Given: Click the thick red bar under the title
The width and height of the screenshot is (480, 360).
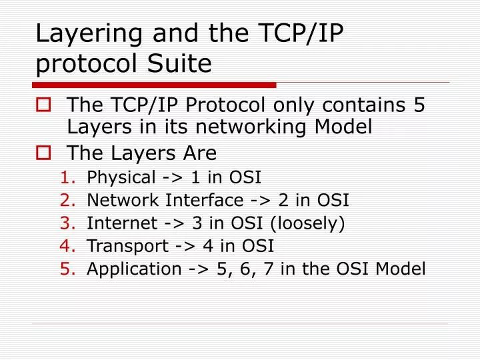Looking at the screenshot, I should [x=154, y=85].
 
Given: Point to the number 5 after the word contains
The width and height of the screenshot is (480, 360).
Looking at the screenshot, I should [x=419, y=105].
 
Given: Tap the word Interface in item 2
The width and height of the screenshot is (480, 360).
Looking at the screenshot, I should [x=206, y=200].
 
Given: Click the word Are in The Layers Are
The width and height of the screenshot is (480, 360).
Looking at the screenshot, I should [x=201, y=153].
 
